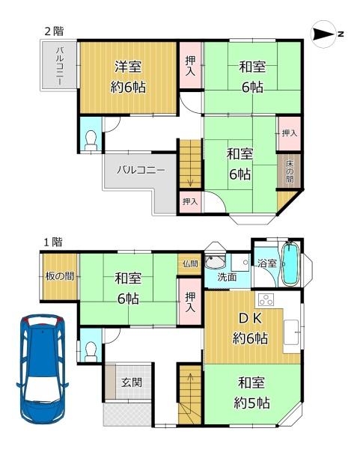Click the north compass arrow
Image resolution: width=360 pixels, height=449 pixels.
click(x=324, y=34)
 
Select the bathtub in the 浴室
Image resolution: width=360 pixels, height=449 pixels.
click(x=290, y=263)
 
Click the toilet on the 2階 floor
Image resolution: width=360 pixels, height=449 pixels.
click(x=91, y=140)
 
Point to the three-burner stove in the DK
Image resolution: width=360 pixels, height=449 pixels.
click(x=266, y=299)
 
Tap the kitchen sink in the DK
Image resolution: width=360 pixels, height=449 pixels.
click(x=291, y=332)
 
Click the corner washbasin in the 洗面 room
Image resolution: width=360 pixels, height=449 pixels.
click(x=215, y=261)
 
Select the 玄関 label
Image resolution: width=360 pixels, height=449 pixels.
click(x=132, y=382)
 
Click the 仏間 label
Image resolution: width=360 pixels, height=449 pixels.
click(x=190, y=263)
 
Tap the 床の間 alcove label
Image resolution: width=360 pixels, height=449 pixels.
click(x=290, y=171)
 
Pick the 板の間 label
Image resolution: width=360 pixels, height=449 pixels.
click(x=60, y=276)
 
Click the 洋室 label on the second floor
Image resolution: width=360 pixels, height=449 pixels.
click(x=128, y=67)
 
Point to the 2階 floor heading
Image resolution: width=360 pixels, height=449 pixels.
click(x=54, y=31)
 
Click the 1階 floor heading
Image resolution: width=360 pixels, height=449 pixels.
click(x=53, y=242)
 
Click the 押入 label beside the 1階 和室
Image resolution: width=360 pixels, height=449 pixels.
click(x=190, y=302)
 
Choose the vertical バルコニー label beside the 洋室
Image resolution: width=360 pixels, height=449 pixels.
click(x=60, y=66)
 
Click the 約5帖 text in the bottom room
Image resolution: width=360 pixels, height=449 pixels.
click(x=251, y=403)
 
